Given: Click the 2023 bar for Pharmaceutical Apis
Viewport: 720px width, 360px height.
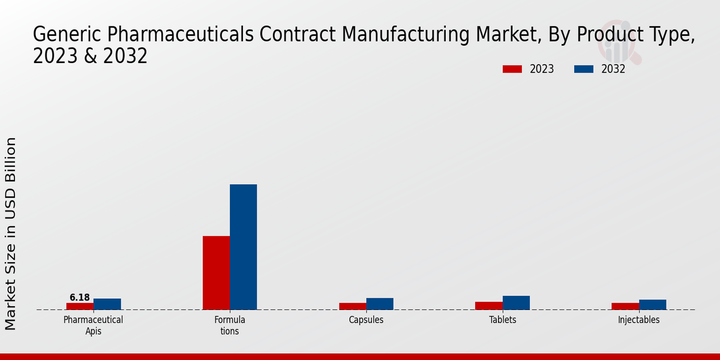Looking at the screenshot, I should tap(80, 306).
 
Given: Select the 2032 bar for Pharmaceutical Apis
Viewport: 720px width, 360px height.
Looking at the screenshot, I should tap(107, 304).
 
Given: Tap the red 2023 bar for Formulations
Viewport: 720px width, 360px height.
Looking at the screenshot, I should tap(216, 273).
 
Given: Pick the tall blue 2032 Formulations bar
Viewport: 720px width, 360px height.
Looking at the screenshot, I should tap(244, 247).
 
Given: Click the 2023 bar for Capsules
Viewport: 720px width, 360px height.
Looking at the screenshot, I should tap(352, 306).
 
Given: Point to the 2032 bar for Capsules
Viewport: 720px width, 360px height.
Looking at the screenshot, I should tap(380, 304).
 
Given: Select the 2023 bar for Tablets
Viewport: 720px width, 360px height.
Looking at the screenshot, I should tap(488, 305).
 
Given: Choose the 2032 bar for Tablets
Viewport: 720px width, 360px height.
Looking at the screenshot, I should tap(516, 302).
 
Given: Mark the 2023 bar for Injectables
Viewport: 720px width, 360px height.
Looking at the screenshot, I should tap(625, 306).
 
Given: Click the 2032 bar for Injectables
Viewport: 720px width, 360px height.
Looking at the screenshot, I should tap(652, 304).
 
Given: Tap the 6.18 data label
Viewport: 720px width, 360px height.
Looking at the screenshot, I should tap(80, 298).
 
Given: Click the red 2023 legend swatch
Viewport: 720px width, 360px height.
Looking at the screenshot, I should tap(512, 69).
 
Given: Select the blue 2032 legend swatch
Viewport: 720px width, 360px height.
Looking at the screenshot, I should tap(583, 69).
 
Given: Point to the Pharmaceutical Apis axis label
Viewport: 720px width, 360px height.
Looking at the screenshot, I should tap(93, 325).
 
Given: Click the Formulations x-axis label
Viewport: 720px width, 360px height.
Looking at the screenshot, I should tap(230, 325).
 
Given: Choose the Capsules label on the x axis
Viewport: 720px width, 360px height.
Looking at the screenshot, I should tap(366, 320).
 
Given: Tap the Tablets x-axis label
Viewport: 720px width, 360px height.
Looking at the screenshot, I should tap(502, 320).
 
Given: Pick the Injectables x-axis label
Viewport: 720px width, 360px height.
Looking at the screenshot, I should tap(638, 320).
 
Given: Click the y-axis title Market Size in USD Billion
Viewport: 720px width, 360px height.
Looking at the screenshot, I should tap(11, 233).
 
